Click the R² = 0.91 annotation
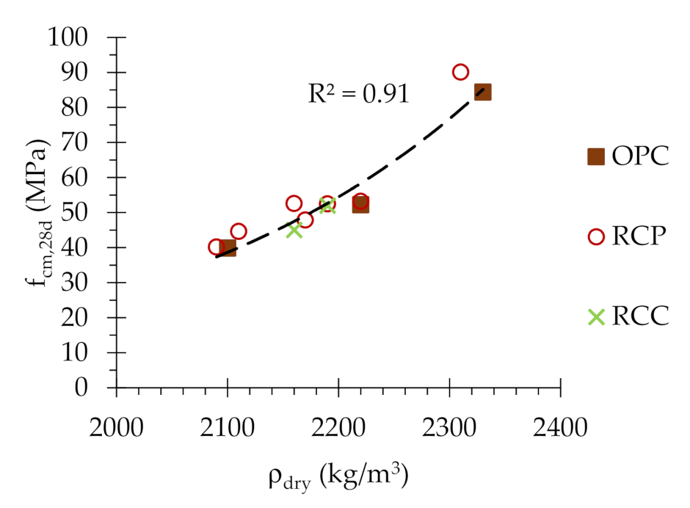pos(357,94)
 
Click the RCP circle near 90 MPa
pos(460,72)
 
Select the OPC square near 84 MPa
pos(482,92)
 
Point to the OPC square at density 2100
pos(228,248)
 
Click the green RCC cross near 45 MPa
pos(294,230)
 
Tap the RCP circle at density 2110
pos(239,231)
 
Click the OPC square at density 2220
pos(360,205)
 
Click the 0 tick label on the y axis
pos(92,387)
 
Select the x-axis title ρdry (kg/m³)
pos(338,477)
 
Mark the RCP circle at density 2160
pos(294,203)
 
